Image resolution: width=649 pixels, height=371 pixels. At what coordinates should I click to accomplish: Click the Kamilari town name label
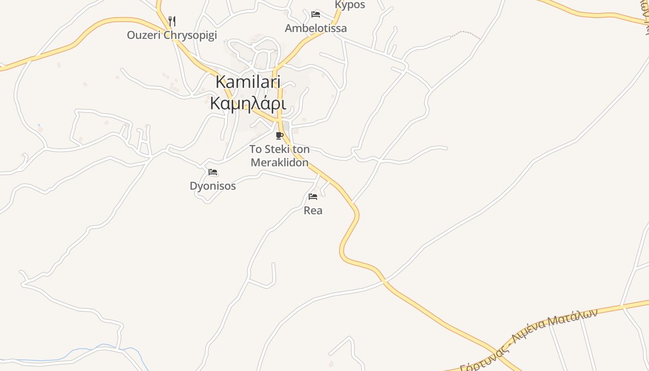(248, 82)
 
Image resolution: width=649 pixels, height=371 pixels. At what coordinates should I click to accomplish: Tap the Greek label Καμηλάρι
(248, 103)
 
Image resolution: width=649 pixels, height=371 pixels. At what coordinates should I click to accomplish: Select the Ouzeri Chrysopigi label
(172, 35)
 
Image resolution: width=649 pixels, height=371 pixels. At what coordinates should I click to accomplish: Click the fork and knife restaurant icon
(172, 21)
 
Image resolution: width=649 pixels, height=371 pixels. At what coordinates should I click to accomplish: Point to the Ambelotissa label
(316, 28)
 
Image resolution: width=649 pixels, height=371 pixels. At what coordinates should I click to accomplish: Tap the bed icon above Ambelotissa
(316, 14)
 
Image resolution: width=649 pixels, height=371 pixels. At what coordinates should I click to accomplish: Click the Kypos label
(350, 5)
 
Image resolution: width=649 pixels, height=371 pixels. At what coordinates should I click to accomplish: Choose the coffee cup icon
(279, 135)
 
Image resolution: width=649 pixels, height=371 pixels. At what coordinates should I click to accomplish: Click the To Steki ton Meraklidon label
(280, 156)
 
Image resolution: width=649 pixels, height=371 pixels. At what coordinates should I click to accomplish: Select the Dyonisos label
(213, 186)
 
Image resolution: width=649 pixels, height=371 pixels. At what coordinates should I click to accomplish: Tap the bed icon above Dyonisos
(213, 172)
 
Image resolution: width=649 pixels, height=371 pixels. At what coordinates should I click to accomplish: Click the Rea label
(313, 211)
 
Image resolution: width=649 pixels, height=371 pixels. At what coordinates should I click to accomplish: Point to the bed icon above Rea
(313, 197)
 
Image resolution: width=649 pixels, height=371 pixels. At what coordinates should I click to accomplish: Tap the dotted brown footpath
(466, 33)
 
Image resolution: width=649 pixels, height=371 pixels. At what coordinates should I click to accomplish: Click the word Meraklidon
(280, 162)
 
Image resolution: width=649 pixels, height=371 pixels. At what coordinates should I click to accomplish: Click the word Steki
(277, 150)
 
